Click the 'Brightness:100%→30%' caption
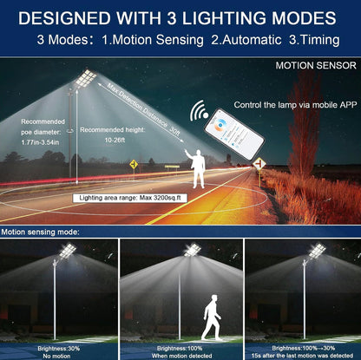point(301,346)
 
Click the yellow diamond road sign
point(134,163)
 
